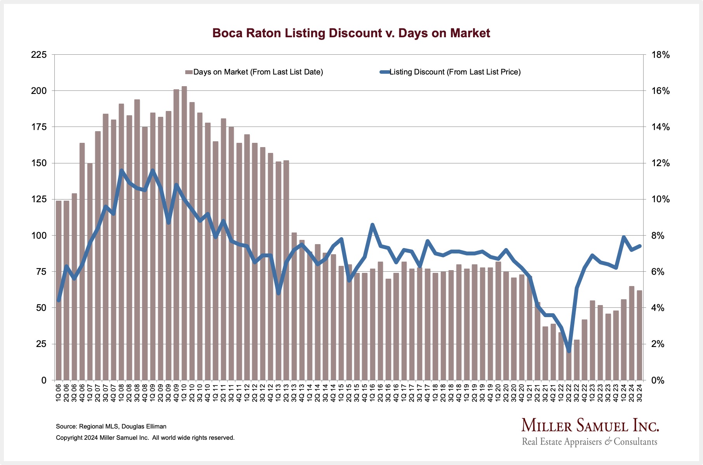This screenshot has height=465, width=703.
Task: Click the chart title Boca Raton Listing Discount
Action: pyautogui.click(x=351, y=33)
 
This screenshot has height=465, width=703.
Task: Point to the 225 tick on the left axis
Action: pyautogui.click(x=39, y=55)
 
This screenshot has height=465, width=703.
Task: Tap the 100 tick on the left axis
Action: pyautogui.click(x=39, y=236)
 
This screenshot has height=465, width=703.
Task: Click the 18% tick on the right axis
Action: pyautogui.click(x=660, y=55)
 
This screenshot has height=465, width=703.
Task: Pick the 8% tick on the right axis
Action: pyautogui.click(x=660, y=236)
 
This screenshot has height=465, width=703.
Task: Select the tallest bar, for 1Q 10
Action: pyautogui.click(x=184, y=233)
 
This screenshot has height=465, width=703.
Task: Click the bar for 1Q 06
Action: pyautogui.click(x=59, y=291)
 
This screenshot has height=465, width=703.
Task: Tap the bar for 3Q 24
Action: pyautogui.click(x=639, y=335)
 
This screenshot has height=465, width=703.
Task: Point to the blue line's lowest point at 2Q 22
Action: pyautogui.click(x=569, y=351)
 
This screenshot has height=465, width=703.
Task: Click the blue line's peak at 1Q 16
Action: pyautogui.click(x=372, y=225)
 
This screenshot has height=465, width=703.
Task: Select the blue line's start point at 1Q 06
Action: pyautogui.click(x=59, y=300)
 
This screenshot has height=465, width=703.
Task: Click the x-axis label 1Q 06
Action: pyautogui.click(x=59, y=392)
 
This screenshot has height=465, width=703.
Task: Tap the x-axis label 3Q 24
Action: pyautogui.click(x=639, y=392)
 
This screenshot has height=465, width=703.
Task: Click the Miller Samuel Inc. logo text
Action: pyautogui.click(x=590, y=426)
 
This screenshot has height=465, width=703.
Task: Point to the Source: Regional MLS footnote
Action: pyautogui.click(x=111, y=426)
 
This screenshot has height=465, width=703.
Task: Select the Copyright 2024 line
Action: pyautogui.click(x=145, y=438)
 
